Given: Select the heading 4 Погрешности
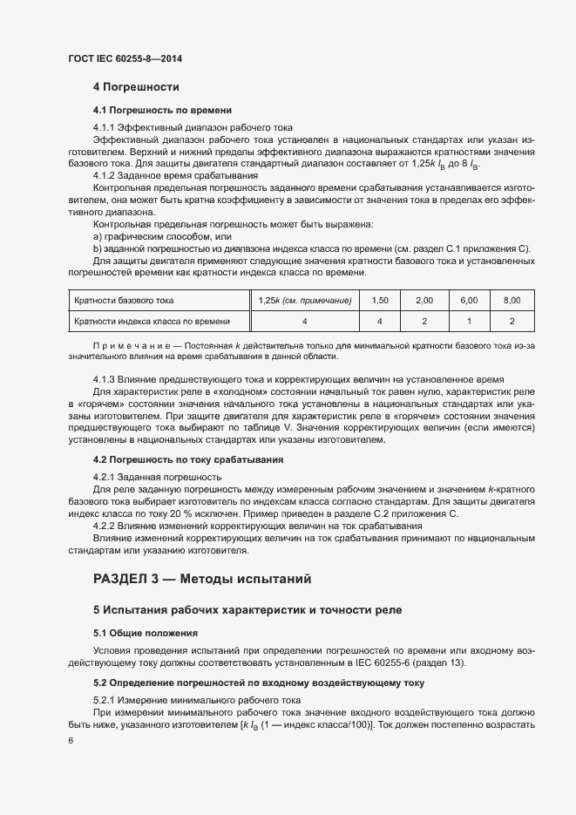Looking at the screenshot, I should [x=136, y=87].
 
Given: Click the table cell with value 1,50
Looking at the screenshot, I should [x=380, y=301].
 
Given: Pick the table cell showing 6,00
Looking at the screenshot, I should [x=469, y=301].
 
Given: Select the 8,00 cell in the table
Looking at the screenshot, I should [x=512, y=301].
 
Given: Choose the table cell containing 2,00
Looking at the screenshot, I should [x=424, y=301].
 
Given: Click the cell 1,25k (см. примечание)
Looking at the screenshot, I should [x=305, y=301].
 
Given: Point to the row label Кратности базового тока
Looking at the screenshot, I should [x=124, y=301].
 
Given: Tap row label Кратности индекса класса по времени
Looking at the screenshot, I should [x=152, y=322].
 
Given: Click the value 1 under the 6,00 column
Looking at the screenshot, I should [x=469, y=322].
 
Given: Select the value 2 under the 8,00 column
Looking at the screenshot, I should [x=512, y=322].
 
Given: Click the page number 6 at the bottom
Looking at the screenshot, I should [x=70, y=741].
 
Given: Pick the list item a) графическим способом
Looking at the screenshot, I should [x=162, y=236].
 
